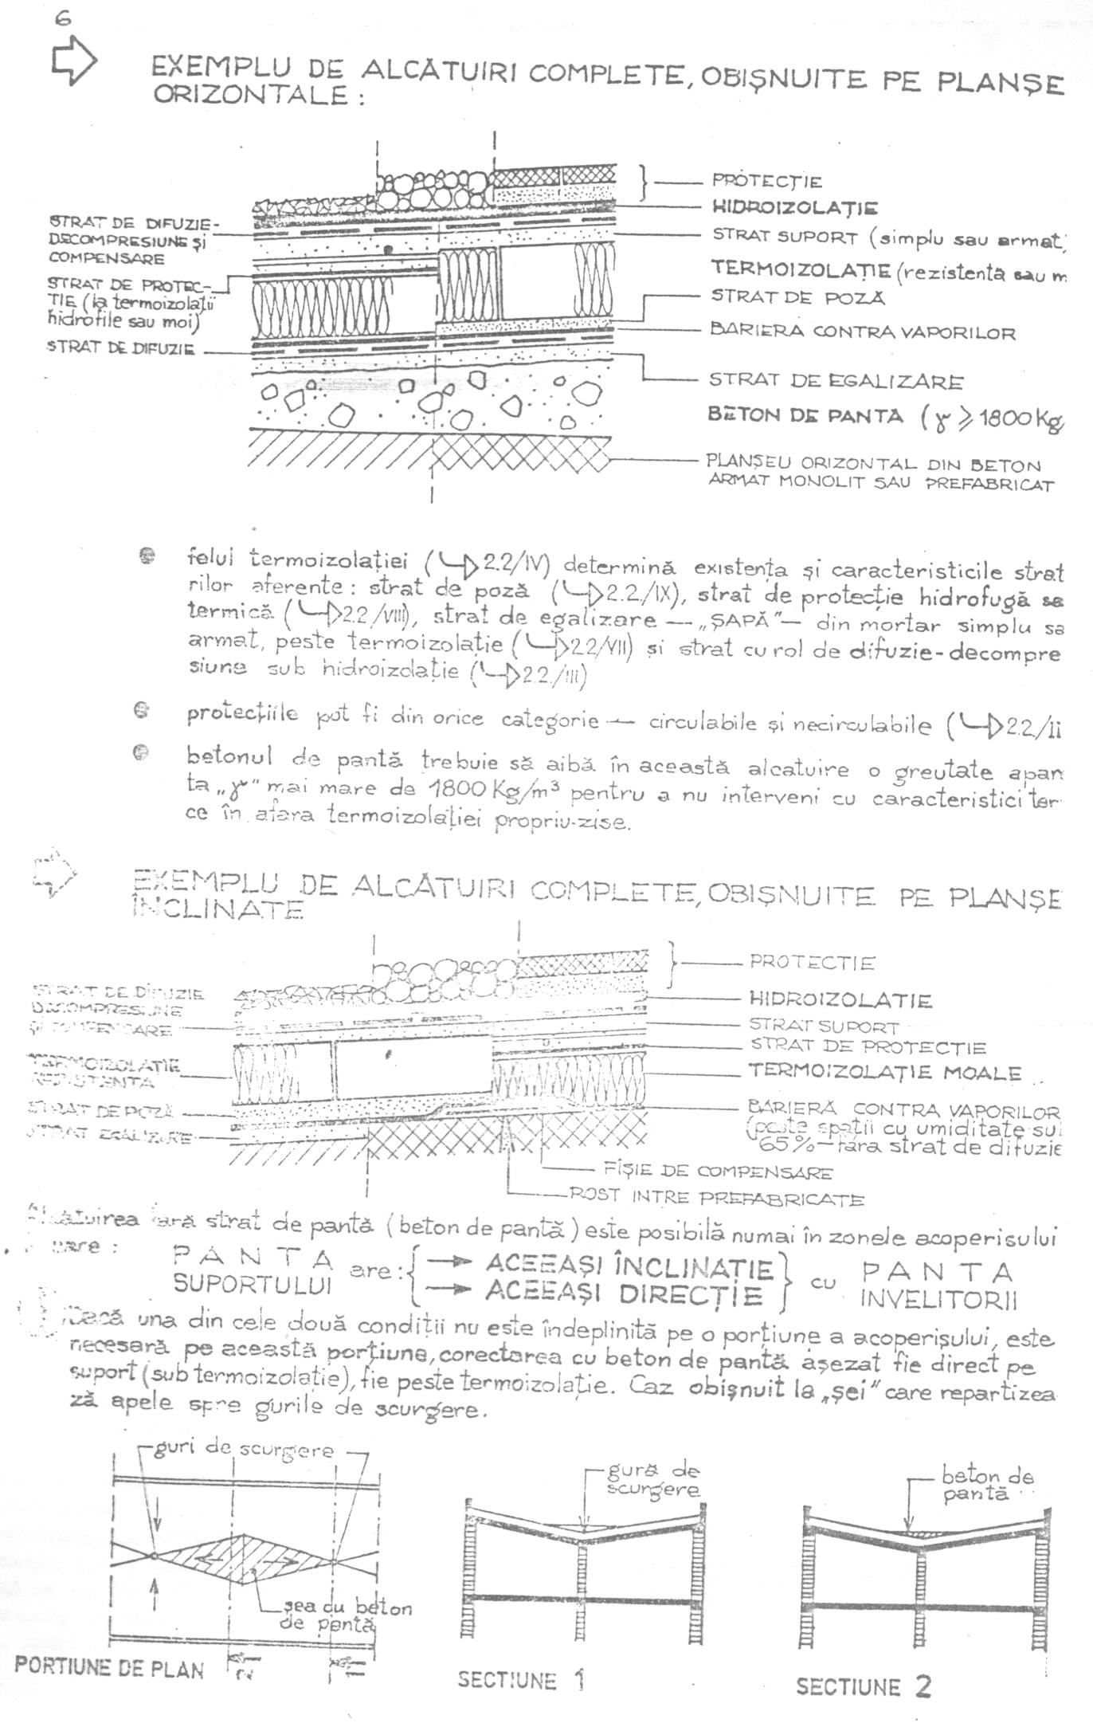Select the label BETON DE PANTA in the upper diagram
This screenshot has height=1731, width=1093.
805,415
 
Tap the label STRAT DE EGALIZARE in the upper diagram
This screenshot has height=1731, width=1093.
836,381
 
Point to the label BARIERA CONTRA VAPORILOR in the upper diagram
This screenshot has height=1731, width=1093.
863,332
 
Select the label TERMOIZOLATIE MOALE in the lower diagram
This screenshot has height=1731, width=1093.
884,1072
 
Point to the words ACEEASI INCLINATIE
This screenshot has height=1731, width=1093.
629,1266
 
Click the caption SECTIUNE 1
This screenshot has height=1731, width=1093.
521,1681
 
